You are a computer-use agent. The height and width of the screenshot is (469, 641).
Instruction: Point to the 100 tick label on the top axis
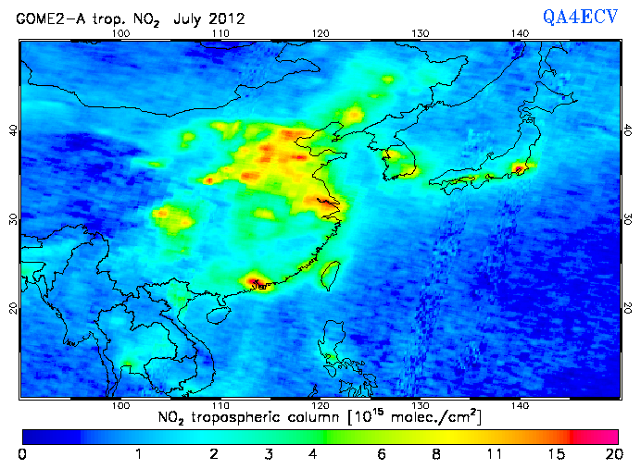pos(119,33)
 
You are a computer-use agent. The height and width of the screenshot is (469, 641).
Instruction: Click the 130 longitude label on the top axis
pos(421,33)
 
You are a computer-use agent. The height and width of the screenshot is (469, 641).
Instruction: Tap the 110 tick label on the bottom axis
pos(220,405)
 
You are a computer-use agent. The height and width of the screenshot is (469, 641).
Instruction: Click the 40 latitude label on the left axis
pos(13,130)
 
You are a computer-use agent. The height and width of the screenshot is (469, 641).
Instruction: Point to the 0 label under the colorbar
pos(22,455)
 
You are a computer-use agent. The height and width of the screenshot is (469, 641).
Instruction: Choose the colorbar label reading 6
pos(380,455)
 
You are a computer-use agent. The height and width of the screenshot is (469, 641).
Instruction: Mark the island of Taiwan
pos(329,274)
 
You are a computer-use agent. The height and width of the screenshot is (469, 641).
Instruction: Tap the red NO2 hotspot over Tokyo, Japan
pos(520,169)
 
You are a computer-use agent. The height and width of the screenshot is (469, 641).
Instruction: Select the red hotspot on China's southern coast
pos(255,281)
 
